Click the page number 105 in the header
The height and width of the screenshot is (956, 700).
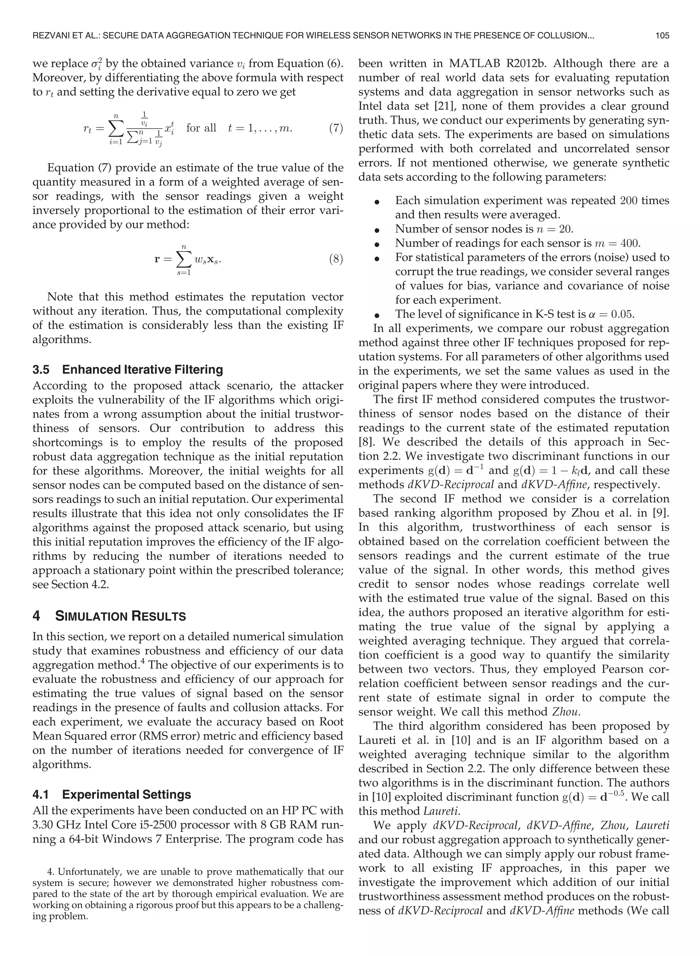point(662,36)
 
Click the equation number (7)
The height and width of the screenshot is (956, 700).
point(336,128)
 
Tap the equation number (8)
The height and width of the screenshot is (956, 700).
point(336,259)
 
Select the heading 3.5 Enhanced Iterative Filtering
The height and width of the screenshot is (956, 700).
point(127,370)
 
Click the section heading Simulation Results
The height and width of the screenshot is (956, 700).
point(120,616)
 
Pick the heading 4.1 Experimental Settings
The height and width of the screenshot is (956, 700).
point(112,795)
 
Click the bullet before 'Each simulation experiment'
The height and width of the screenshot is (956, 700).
point(376,202)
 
